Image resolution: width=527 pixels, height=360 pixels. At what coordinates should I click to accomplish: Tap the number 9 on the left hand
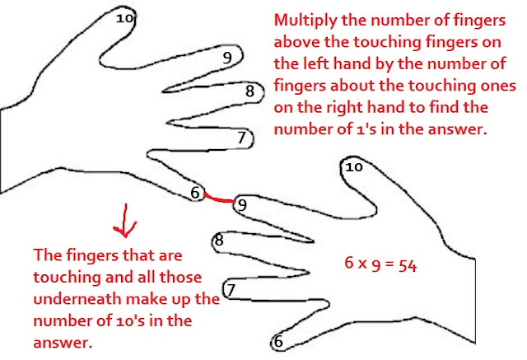click(228, 57)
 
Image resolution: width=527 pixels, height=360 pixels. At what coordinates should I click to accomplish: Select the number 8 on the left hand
click(250, 91)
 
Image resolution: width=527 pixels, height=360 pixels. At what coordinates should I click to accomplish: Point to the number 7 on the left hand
click(242, 138)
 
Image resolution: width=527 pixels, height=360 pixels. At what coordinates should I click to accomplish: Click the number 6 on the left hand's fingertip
click(195, 193)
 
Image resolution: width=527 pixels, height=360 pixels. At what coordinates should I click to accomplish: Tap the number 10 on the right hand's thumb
click(353, 166)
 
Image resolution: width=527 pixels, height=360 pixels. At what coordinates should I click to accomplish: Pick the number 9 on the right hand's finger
click(240, 203)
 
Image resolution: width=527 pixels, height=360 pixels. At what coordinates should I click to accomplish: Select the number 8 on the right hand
click(219, 241)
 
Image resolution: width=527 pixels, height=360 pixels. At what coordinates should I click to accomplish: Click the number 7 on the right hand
click(231, 290)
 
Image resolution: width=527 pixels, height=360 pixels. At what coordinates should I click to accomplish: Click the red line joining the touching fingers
click(217, 198)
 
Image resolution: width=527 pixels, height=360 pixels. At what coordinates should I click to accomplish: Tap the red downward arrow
click(124, 221)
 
